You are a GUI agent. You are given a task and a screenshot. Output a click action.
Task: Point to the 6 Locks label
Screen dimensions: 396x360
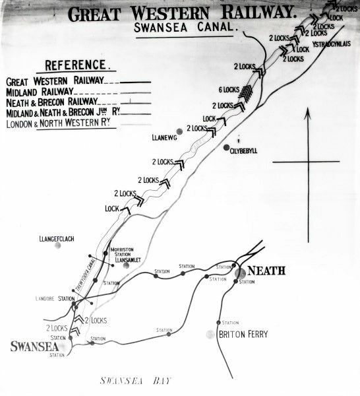coord(227,90)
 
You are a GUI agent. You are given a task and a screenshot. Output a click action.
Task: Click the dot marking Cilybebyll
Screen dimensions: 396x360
coord(226,147)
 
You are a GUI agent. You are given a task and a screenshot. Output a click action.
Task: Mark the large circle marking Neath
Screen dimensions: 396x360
coord(241,271)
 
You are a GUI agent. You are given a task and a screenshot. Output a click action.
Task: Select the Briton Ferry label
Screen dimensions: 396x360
coord(243,335)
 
